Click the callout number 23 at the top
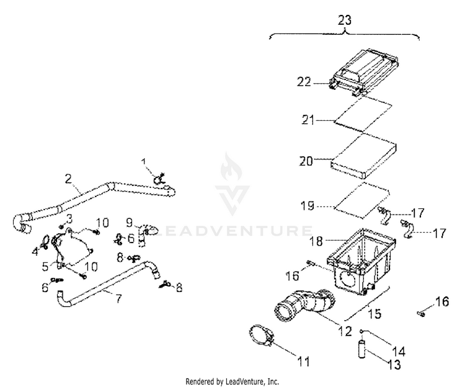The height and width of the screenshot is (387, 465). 345,20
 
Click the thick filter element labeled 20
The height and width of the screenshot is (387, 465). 365,156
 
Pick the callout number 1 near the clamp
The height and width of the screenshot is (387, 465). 145,162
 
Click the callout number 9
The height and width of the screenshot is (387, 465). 130,221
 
